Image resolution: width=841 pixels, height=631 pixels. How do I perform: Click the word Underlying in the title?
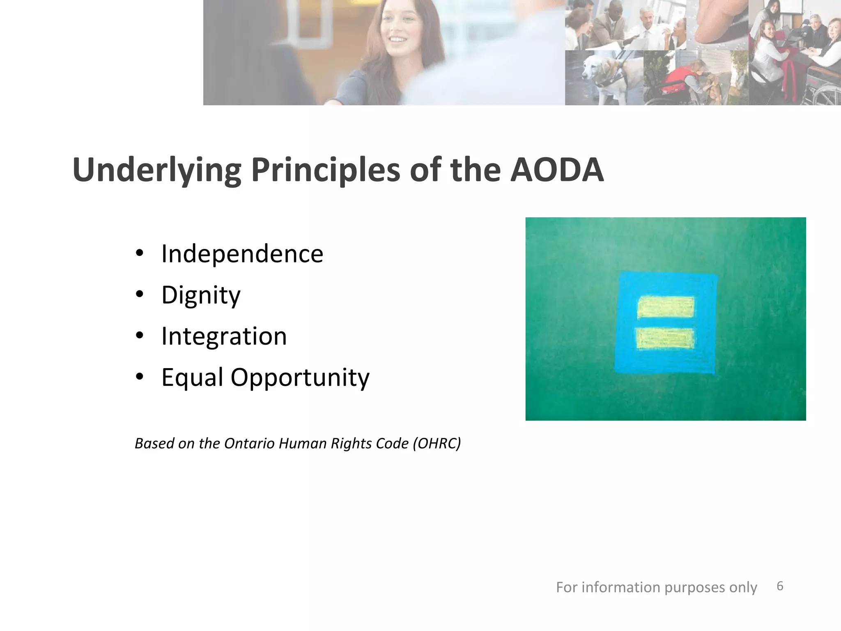(x=156, y=170)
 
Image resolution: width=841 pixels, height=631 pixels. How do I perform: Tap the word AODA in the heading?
(x=557, y=170)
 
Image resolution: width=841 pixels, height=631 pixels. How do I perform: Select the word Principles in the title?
(x=325, y=170)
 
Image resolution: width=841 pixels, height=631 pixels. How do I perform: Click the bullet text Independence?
(x=242, y=254)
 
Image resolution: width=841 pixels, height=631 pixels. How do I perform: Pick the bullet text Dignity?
(x=201, y=295)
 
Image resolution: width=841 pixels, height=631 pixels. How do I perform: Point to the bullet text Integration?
(x=224, y=336)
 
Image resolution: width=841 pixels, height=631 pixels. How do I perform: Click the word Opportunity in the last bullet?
(x=300, y=378)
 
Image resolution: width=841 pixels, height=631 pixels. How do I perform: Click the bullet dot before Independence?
(x=140, y=253)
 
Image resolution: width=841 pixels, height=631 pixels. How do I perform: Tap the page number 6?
(x=780, y=586)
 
